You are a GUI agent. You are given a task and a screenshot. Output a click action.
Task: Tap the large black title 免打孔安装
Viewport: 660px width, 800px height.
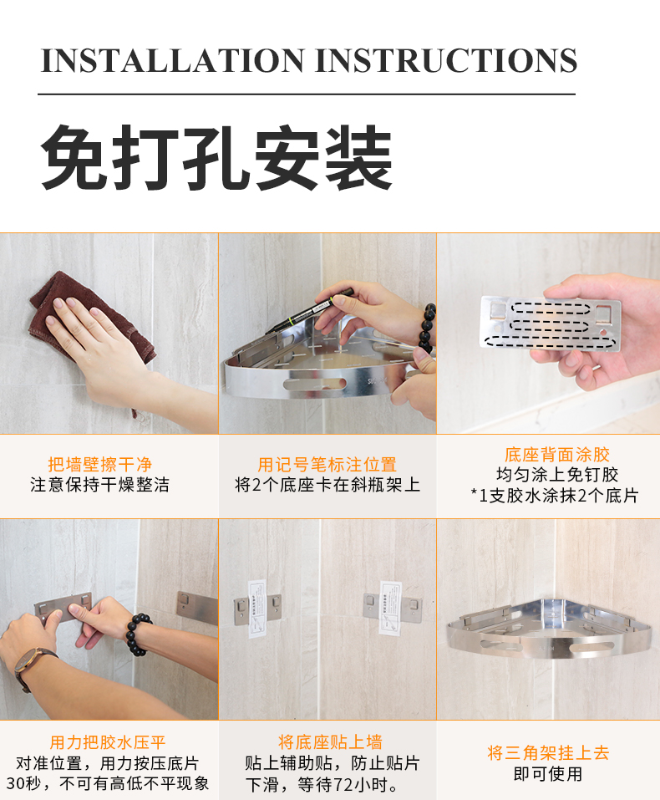[x=216, y=159]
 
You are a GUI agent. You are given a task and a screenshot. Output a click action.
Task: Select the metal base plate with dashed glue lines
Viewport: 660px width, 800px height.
[x=549, y=321]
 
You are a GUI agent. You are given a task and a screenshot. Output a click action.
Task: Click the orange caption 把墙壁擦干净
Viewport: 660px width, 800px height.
[x=99, y=465]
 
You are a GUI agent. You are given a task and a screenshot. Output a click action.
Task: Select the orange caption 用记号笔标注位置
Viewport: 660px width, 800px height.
[x=327, y=465]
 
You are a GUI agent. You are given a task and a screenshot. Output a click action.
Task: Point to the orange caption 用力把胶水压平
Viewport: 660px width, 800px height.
[x=108, y=742]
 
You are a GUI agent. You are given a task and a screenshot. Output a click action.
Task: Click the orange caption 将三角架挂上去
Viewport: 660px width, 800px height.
[x=548, y=752]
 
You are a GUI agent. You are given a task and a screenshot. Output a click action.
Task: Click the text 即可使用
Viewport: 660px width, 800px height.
[x=548, y=774]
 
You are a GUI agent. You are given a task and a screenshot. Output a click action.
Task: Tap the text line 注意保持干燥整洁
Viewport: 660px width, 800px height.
[x=99, y=485]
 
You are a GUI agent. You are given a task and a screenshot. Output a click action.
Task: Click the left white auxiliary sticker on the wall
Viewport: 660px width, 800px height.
[x=257, y=605]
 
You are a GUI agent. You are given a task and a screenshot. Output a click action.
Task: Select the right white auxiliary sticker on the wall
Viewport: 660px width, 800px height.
[x=389, y=607]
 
